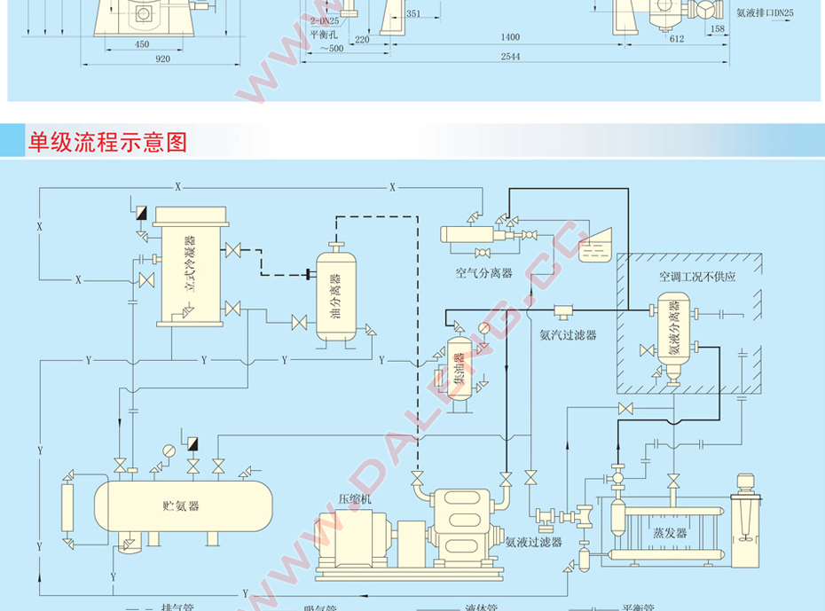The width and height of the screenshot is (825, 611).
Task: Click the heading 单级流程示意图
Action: [108, 142]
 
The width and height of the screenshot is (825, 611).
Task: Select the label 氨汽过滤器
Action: [568, 334]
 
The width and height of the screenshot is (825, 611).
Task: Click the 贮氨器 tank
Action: [182, 505]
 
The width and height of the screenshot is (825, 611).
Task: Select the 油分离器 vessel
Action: [334, 294]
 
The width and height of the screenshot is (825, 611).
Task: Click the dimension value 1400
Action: [509, 36]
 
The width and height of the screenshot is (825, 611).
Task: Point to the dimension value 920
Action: [162, 58]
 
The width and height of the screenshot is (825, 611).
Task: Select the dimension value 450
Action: [142, 43]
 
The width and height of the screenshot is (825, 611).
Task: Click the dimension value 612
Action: [677, 39]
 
